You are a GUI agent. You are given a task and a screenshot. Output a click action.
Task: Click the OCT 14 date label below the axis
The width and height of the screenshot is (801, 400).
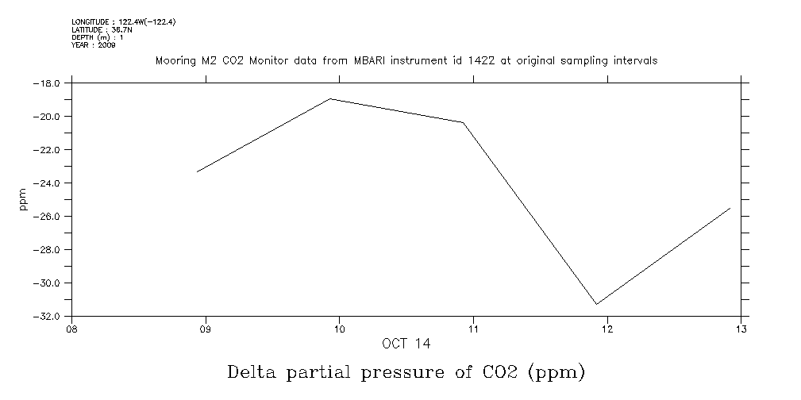pos(406,344)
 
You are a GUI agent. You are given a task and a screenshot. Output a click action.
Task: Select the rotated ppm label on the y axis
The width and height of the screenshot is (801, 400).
pos(23,199)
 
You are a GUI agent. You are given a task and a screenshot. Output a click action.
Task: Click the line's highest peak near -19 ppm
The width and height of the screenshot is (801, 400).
pos(331,99)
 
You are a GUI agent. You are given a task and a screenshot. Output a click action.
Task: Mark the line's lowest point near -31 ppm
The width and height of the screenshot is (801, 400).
pos(597,304)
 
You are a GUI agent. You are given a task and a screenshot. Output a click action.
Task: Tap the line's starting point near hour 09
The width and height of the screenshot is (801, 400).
pos(197,171)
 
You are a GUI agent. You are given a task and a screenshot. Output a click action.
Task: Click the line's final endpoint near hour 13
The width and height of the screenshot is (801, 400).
pos(730,208)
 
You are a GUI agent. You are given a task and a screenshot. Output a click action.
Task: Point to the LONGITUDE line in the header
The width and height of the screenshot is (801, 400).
pos(123,22)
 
